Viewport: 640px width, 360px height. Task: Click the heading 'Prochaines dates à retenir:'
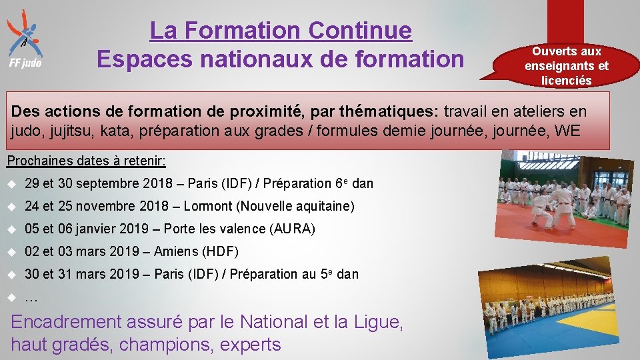pos(86,161)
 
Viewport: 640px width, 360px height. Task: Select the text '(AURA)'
pos(293,229)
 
